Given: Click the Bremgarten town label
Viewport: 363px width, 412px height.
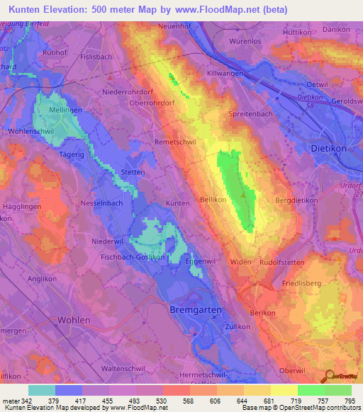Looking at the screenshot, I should point(196,311).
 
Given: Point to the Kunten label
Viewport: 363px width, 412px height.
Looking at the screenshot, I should point(177,203).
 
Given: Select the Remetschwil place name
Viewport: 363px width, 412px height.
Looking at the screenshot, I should point(175,142).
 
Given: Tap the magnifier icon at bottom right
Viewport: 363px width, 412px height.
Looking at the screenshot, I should point(328,377).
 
